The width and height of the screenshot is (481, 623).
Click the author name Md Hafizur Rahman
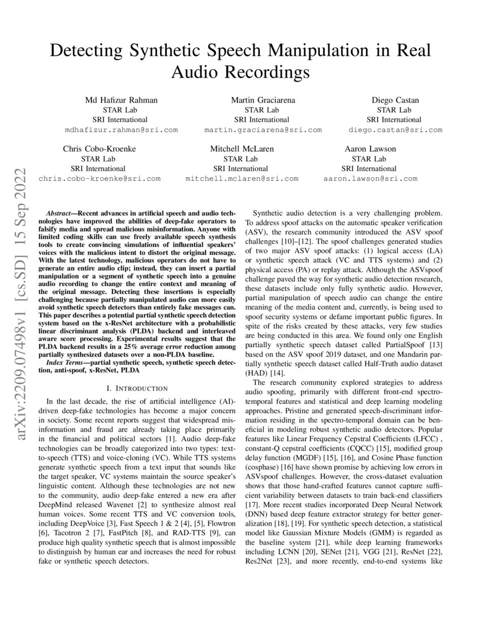coord(121,100)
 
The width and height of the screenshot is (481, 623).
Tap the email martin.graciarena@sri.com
coord(263,130)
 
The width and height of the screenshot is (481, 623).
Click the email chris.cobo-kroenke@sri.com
coord(99,178)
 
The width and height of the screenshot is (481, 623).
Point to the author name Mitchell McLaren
coord(242,149)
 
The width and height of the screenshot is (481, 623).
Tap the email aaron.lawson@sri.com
coord(370,178)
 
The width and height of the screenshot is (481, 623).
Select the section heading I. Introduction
coord(137,388)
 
